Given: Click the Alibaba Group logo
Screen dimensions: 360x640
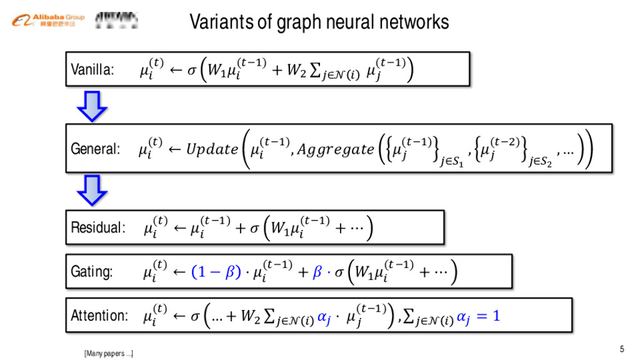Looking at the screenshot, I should point(47,20).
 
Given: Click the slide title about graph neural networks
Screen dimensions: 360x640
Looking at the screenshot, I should point(319,22).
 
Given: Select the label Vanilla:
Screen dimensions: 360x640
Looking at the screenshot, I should point(92,69).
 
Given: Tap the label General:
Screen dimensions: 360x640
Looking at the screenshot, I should point(95,149).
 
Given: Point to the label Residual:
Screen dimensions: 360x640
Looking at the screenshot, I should point(99,227).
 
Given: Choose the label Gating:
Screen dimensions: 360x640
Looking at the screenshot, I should point(92,271).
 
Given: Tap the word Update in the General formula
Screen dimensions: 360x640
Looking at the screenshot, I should point(211,150).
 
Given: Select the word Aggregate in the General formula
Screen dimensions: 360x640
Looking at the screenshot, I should point(335,150).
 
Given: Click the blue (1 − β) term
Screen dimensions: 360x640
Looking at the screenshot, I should point(216,272).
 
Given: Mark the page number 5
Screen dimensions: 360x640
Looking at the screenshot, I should point(621,349).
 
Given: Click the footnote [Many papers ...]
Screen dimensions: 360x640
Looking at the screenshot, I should point(108,354).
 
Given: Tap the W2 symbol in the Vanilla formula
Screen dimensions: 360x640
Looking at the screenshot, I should point(297,71).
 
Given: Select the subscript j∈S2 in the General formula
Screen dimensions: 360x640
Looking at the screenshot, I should point(541,163).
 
